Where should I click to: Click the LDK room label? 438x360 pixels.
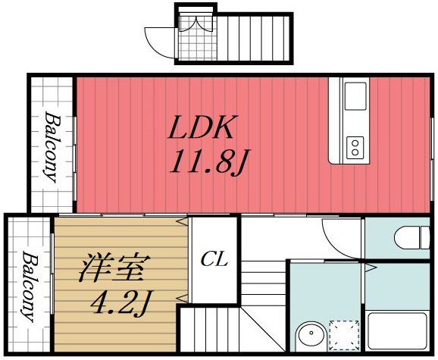click(201, 128)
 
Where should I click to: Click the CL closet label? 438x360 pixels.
click(214, 260)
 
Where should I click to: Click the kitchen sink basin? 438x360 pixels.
click(355, 97)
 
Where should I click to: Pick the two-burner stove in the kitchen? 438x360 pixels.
click(354, 146)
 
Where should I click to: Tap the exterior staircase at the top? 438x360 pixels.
click(255, 38)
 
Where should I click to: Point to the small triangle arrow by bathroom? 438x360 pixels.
click(371, 266)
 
